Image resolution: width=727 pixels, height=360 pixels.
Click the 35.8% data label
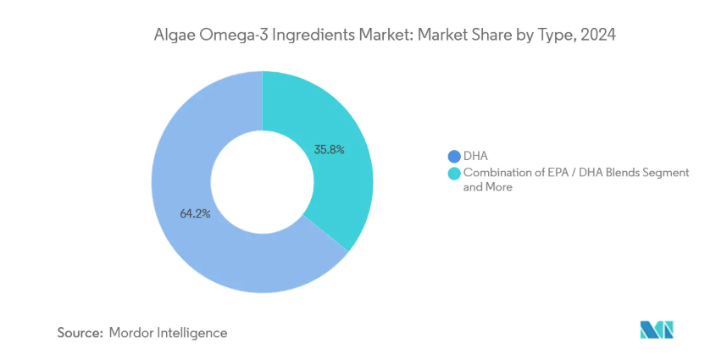(329, 149)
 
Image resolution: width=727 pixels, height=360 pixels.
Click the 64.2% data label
(195, 213)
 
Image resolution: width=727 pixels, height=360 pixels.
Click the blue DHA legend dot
(454, 156)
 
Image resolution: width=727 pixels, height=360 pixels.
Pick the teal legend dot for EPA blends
(454, 173)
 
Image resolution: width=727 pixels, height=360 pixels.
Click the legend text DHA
(475, 156)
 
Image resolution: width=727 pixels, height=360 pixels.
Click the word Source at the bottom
(79, 333)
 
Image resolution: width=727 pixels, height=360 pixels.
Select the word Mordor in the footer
(132, 333)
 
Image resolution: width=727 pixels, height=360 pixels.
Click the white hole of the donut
(262, 181)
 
